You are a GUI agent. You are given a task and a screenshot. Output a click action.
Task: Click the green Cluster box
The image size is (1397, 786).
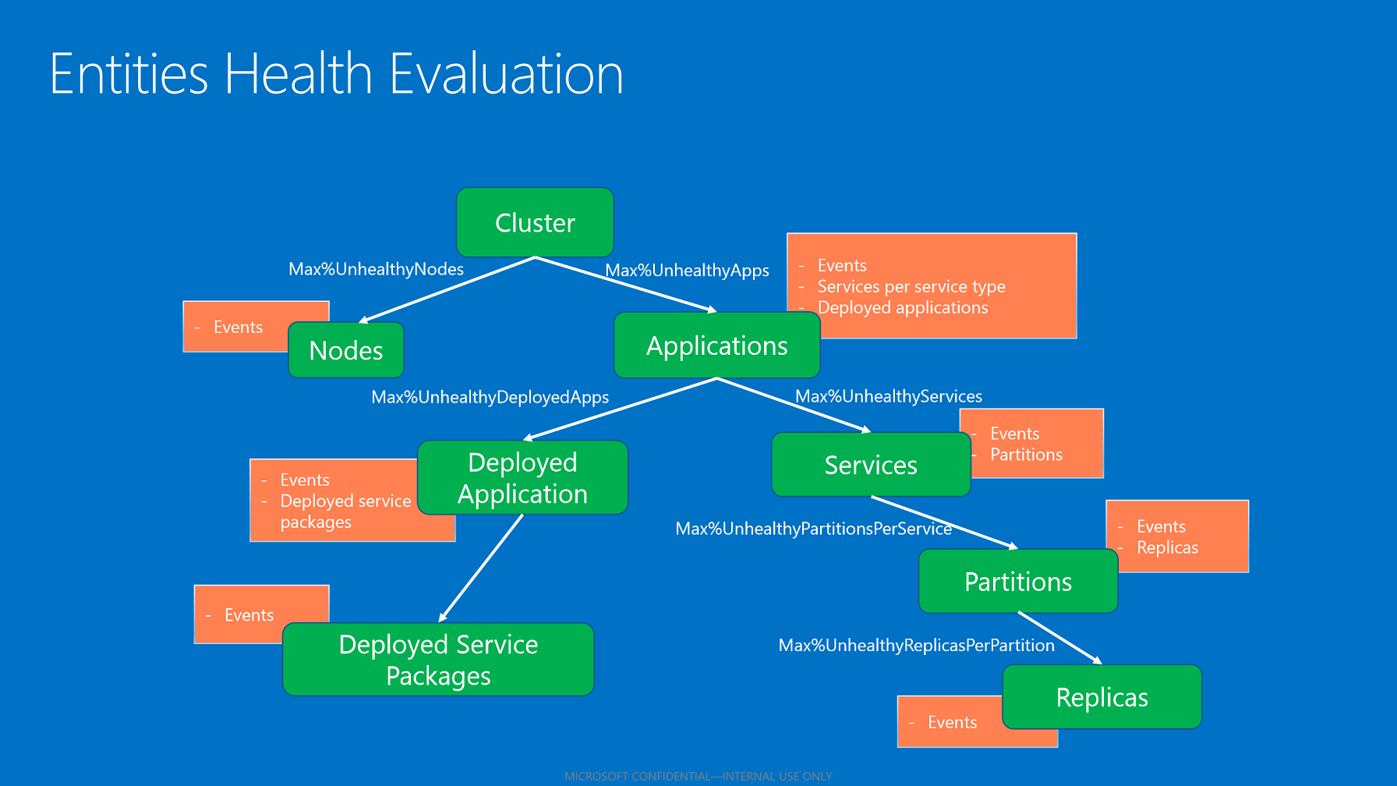(535, 223)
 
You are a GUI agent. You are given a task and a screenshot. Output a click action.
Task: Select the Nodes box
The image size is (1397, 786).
(346, 351)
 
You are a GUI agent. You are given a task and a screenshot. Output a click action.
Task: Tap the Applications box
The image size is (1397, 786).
(716, 346)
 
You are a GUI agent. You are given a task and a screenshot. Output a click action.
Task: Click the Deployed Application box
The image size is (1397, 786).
(522, 478)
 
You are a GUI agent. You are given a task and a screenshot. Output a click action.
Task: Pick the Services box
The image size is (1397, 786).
(871, 466)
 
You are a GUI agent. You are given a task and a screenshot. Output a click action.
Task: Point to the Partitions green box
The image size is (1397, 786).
(1017, 582)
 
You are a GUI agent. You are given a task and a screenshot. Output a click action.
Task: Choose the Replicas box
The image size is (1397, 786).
(1102, 698)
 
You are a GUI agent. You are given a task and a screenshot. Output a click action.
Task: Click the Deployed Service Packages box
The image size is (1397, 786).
(438, 660)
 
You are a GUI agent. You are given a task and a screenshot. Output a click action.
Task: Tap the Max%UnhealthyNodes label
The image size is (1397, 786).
(376, 270)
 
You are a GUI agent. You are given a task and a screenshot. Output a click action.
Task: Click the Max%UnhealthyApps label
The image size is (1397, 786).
(687, 271)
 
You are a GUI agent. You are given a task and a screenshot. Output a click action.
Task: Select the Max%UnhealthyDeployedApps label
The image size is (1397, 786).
(490, 398)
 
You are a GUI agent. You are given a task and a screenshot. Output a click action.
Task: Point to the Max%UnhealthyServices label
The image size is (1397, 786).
(888, 397)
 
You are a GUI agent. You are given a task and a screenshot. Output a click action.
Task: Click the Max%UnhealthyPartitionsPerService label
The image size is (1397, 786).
(813, 529)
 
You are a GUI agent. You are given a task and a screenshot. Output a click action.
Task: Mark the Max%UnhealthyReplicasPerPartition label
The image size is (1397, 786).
(916, 646)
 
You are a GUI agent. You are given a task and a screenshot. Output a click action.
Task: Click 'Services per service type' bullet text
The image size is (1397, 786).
(911, 287)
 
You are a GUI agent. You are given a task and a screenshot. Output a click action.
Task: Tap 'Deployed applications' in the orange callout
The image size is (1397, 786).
(902, 308)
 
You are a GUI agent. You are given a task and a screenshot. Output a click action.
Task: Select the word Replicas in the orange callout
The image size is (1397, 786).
(1167, 548)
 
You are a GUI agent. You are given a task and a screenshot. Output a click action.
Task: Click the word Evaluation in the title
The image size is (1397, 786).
(506, 75)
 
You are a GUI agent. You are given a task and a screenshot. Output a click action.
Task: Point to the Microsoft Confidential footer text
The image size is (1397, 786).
(698, 777)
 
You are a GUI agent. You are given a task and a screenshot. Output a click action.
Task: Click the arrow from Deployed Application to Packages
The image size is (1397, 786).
(481, 568)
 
